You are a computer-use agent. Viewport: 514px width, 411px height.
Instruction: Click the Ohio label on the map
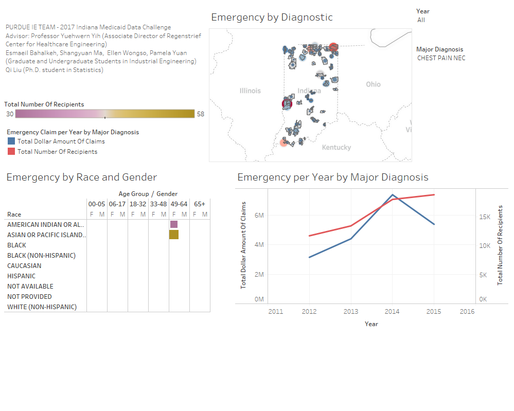tap(373, 84)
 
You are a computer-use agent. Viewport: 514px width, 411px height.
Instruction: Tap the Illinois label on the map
tap(250, 91)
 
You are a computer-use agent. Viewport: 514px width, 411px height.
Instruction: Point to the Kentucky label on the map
tap(336, 148)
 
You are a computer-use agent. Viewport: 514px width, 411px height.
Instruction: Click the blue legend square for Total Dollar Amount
tap(11, 141)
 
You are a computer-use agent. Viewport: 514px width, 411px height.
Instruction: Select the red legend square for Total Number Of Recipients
tap(11, 151)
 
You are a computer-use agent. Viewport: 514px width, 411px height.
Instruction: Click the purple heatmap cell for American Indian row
tap(174, 224)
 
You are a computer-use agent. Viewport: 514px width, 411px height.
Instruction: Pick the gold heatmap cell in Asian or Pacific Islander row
tap(174, 235)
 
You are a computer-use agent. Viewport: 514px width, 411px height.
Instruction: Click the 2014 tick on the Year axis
tap(392, 311)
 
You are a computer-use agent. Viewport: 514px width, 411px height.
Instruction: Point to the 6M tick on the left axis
tap(259, 215)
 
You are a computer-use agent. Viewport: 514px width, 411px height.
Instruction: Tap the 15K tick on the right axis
tap(485, 217)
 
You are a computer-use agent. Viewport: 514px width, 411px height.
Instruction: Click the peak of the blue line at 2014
tap(393, 195)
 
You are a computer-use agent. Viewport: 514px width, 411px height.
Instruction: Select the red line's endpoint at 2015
tap(434, 194)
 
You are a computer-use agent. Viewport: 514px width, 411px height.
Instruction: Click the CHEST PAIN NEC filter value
tap(441, 58)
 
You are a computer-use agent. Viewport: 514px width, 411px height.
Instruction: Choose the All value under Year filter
tap(421, 20)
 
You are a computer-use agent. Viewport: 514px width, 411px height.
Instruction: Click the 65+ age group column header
tap(200, 204)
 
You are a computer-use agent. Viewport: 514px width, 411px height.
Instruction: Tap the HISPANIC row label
tap(22, 276)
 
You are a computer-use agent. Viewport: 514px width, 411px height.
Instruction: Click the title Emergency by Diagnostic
tap(272, 17)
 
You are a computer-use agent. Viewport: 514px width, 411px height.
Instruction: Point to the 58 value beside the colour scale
tap(200, 114)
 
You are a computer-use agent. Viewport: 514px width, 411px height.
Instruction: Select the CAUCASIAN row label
tap(24, 266)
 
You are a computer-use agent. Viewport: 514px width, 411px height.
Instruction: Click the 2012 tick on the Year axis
tap(309, 311)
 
